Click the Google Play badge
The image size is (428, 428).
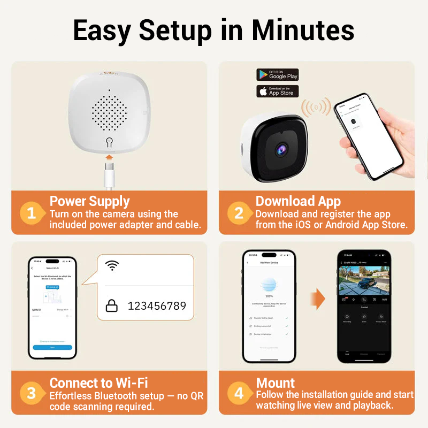pos(277,74)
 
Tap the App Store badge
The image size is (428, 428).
pos(277,91)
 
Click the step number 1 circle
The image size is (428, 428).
pos(32,213)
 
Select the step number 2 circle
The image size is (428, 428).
pos(239,213)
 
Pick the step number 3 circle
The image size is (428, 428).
pos(32,394)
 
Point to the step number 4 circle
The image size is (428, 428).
pos(239,394)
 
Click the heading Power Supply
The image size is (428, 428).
pos(89,201)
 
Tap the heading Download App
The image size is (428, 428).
pos(298,201)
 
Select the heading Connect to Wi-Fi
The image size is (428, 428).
pos(98,383)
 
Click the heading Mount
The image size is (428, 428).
pos(276,383)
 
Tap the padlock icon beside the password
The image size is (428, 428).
pos(111,305)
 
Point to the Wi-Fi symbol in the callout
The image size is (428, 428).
pos(112,265)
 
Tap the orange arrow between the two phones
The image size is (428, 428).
pos(318,297)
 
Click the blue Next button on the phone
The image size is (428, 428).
pos(52,347)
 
